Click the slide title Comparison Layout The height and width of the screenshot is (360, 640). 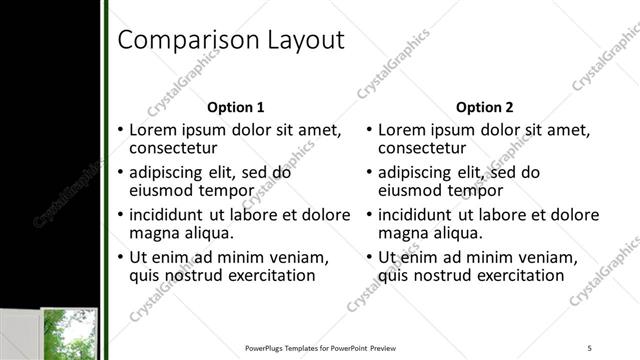[x=231, y=40]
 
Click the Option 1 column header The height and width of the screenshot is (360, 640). [x=236, y=107]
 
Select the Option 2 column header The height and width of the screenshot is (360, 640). [x=486, y=107]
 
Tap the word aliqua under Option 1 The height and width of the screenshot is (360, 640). [x=208, y=233]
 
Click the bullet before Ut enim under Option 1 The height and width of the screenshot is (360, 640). [x=120, y=257]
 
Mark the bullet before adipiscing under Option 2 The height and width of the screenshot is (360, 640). [x=370, y=173]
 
